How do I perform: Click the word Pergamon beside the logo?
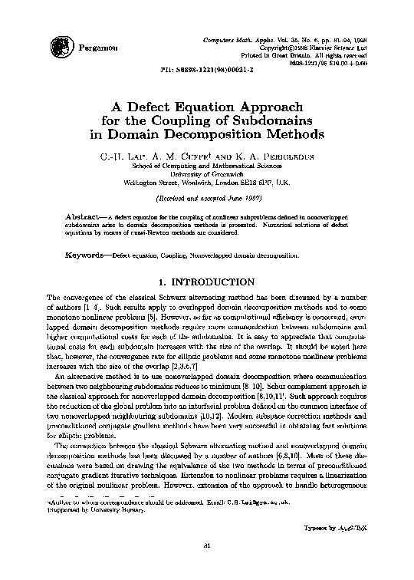pos(96,48)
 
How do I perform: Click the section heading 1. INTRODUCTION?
pos(207,282)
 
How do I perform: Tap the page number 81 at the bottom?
pos(207,567)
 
